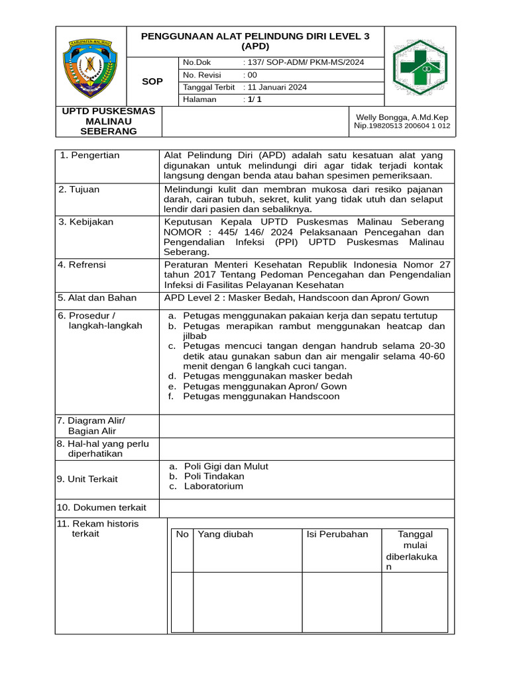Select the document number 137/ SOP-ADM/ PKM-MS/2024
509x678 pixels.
(x=304, y=63)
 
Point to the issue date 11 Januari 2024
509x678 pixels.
(x=275, y=87)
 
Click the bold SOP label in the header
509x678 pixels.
(x=152, y=81)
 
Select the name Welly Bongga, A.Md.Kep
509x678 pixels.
(x=402, y=117)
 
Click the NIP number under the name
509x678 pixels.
(x=402, y=125)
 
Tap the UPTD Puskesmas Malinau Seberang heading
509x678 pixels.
(x=108, y=121)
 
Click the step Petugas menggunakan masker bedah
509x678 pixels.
(x=268, y=376)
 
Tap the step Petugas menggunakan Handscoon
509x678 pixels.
(x=261, y=396)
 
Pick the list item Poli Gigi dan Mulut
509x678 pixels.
(x=226, y=466)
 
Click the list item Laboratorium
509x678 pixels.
(x=213, y=486)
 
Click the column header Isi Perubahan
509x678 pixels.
(x=337, y=534)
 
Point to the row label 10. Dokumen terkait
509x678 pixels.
(x=101, y=507)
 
